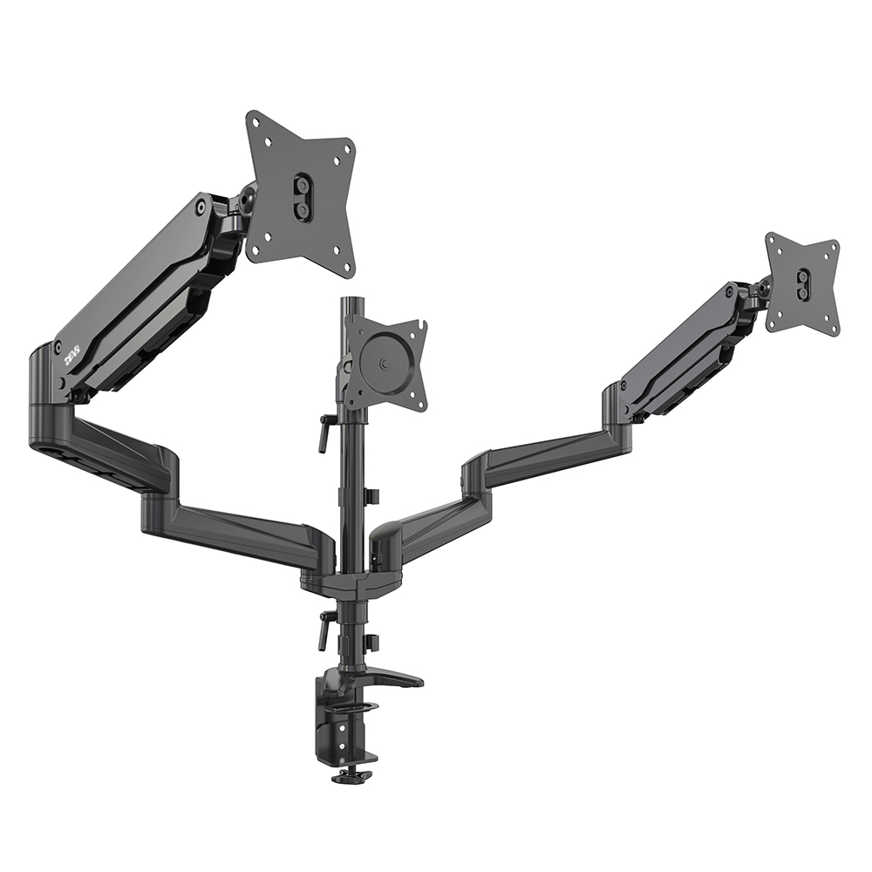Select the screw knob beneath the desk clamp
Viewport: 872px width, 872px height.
(351, 774)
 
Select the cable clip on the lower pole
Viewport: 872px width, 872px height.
(371, 643)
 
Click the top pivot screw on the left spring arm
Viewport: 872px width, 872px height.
(202, 207)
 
